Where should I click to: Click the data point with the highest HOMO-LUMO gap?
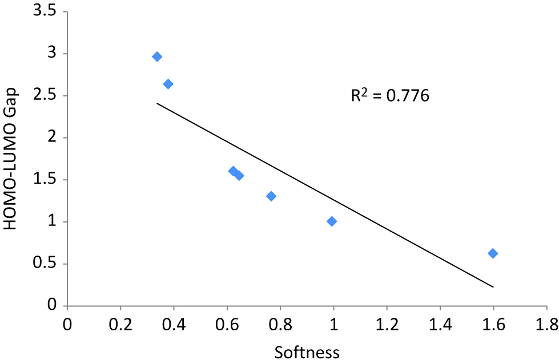tap(157, 56)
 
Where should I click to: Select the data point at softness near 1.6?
tap(493, 253)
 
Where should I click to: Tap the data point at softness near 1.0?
tap(332, 221)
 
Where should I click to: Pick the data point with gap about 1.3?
tap(271, 196)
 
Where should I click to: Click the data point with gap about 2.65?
tap(168, 84)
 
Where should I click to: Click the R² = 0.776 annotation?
tap(389, 95)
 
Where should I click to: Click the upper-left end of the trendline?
tap(157, 103)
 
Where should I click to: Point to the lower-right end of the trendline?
tap(493, 287)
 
